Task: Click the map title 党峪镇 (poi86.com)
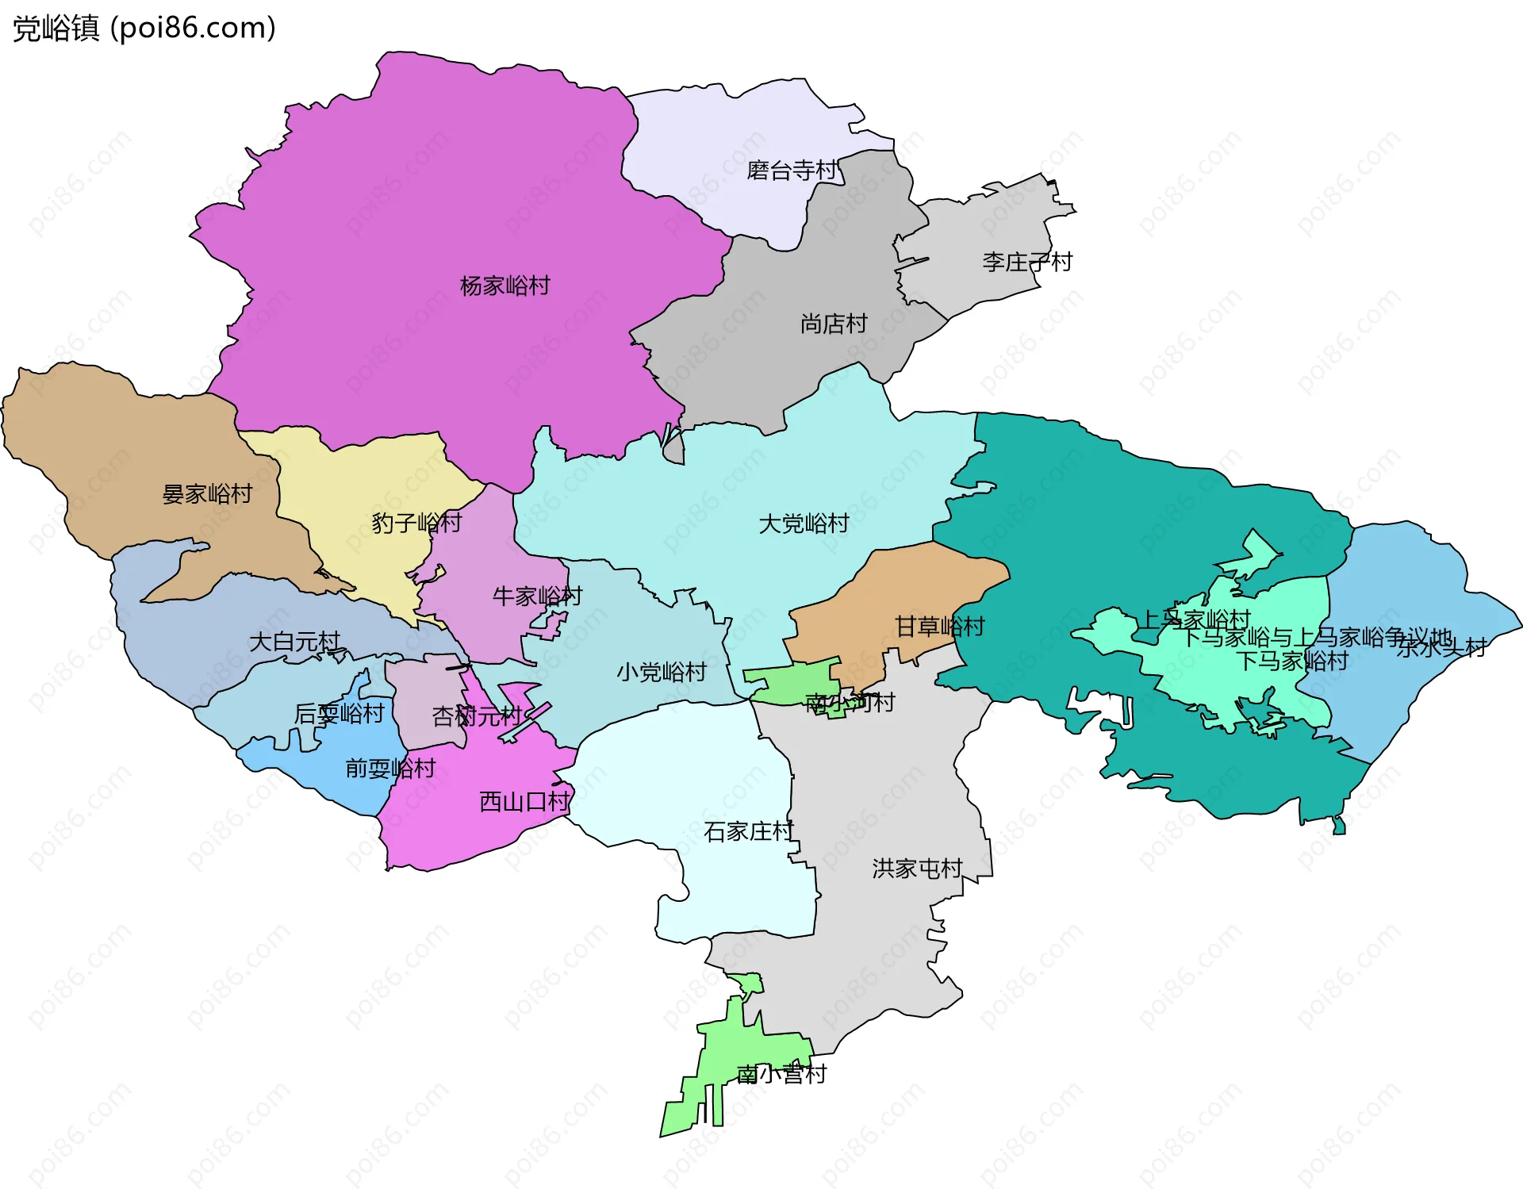pyautogui.click(x=144, y=29)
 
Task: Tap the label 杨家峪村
pyautogui.click(x=504, y=286)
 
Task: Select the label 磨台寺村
pyautogui.click(x=792, y=171)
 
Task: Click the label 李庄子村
pyautogui.click(x=1026, y=262)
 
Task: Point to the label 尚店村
pyautogui.click(x=833, y=324)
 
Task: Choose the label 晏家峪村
pyautogui.click(x=207, y=494)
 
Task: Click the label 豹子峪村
pyautogui.click(x=416, y=523)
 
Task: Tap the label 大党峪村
pyautogui.click(x=803, y=524)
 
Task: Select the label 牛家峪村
pyautogui.click(x=537, y=596)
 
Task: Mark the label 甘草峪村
pyautogui.click(x=939, y=627)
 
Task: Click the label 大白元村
pyautogui.click(x=294, y=641)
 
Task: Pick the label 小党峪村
pyautogui.click(x=662, y=672)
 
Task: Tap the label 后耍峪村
pyautogui.click(x=339, y=714)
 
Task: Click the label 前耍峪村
pyautogui.click(x=390, y=768)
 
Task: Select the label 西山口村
pyautogui.click(x=524, y=801)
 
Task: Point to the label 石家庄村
pyautogui.click(x=748, y=831)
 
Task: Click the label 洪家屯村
pyautogui.click(x=917, y=869)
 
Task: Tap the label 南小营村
pyautogui.click(x=781, y=1074)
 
